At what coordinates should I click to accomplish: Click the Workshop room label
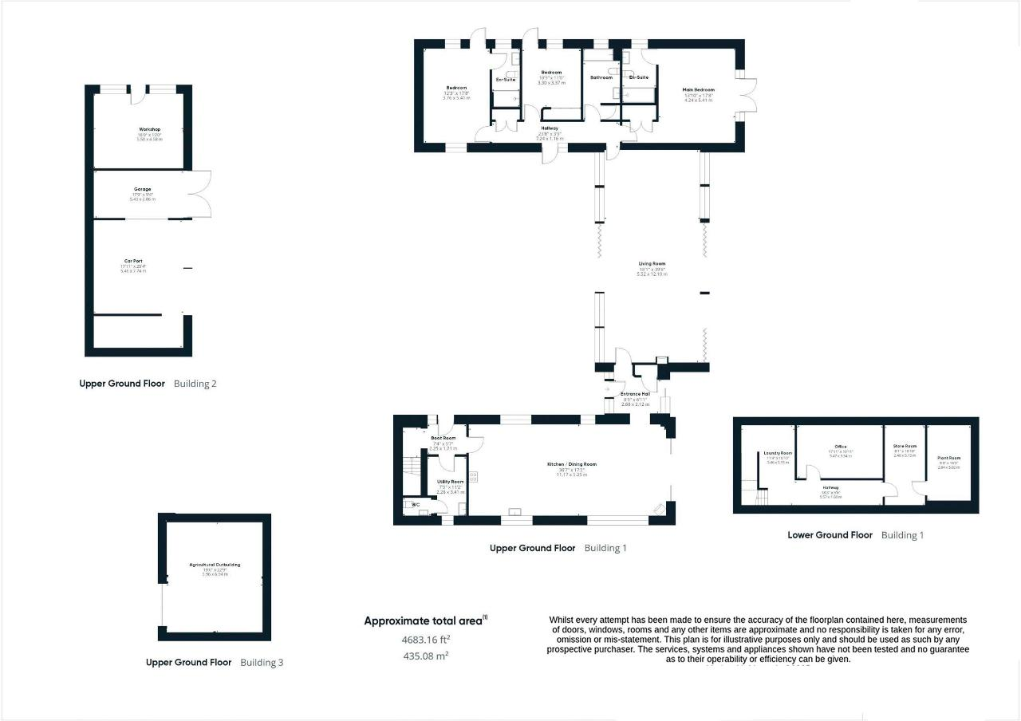[150, 129]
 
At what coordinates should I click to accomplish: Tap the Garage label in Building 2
[143, 189]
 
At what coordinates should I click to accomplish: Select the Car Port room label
[133, 261]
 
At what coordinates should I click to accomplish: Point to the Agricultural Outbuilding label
[215, 565]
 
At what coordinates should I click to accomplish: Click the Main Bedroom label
[698, 90]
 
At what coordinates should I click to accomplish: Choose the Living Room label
[652, 263]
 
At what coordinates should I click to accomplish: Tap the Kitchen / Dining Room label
[571, 464]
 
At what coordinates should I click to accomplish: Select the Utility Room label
[450, 482]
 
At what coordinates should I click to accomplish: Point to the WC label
[415, 505]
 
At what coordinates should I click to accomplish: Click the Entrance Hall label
[636, 394]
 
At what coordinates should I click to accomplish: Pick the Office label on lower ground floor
[841, 447]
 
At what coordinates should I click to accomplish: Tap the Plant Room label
[949, 458]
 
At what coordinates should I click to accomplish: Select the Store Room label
[905, 447]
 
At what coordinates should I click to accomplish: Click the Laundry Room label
[778, 453]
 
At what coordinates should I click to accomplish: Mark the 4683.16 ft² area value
[425, 639]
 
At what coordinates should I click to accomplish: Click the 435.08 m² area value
[425, 656]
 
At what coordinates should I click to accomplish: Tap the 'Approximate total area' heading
[425, 621]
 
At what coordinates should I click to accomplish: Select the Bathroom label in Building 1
[601, 77]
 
